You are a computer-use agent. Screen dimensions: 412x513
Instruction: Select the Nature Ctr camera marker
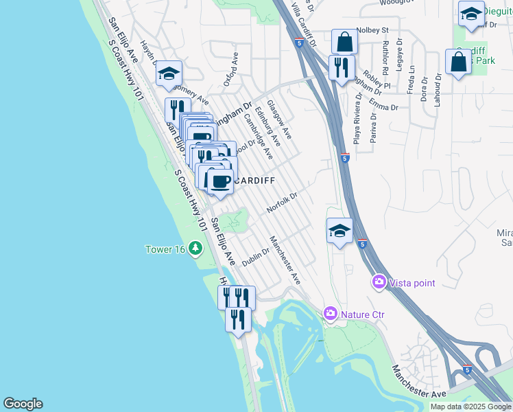[331, 314]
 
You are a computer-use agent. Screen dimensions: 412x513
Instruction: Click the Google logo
[23, 404]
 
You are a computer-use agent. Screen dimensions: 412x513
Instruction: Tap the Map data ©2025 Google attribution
[470, 407]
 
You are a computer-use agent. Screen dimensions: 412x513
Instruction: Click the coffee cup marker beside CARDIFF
[220, 182]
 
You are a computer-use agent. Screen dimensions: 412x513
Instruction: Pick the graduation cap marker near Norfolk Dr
[339, 231]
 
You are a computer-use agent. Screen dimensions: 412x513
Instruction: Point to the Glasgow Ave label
[279, 119]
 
